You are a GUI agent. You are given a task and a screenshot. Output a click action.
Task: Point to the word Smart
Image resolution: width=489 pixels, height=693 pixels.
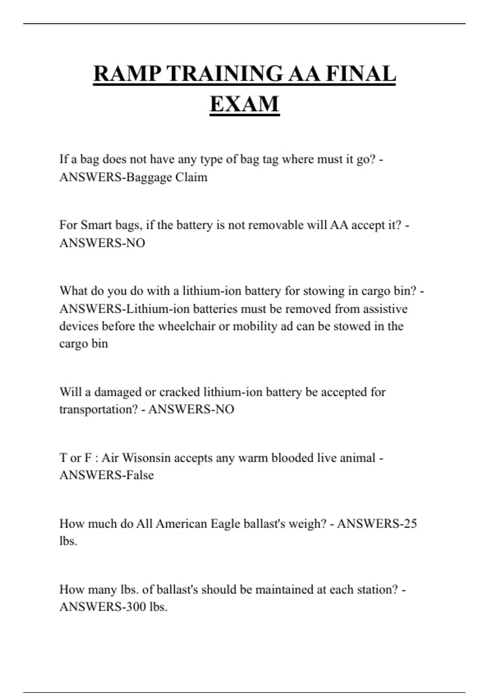click(x=96, y=225)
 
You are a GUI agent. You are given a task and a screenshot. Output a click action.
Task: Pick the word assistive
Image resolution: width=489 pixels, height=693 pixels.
click(x=385, y=309)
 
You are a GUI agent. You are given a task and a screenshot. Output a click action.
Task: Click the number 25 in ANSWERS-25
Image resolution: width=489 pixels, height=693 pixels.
click(x=409, y=523)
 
